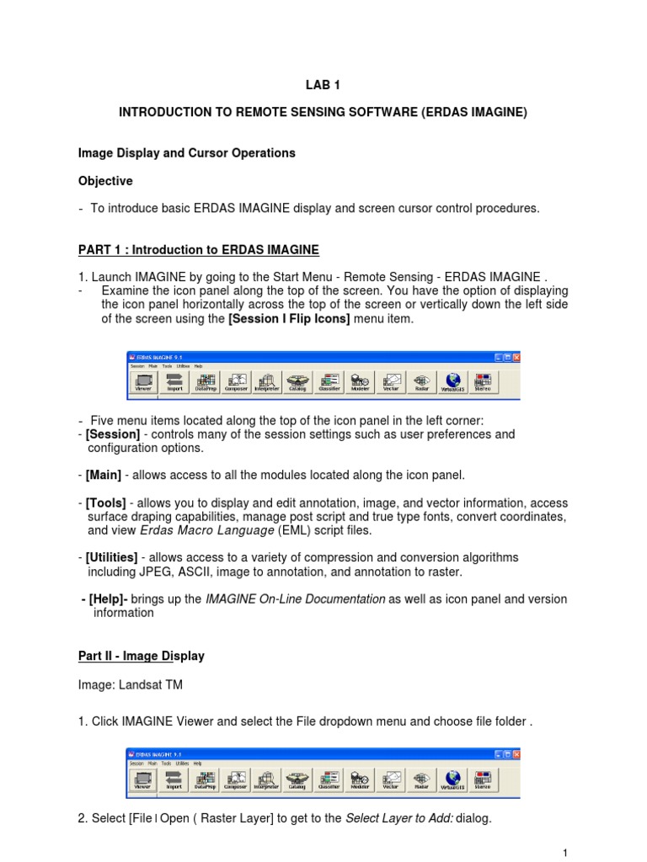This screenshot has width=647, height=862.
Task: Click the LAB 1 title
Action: pos(323,84)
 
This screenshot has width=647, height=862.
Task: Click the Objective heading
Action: pos(105,181)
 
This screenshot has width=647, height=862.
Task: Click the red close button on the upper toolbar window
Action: pos(516,357)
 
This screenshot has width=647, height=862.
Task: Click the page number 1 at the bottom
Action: pos(565,853)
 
